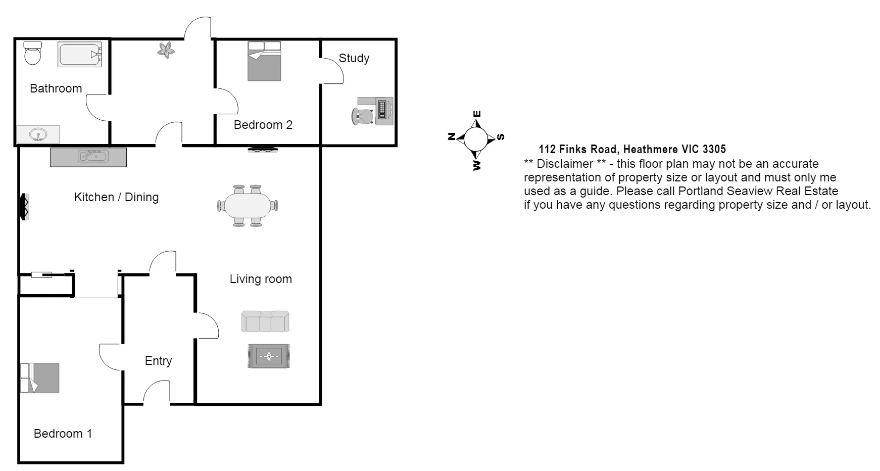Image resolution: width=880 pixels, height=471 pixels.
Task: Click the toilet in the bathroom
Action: tap(33, 53)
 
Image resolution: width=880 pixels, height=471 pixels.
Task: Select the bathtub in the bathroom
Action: tap(80, 55)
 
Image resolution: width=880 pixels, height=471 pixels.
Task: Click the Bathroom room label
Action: tap(56, 88)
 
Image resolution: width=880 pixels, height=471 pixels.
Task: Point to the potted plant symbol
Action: tap(166, 50)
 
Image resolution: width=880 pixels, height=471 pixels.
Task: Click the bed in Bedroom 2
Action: tap(264, 61)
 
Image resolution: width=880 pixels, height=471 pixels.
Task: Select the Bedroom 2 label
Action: tap(263, 125)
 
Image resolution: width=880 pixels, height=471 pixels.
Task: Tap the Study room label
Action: tap(354, 58)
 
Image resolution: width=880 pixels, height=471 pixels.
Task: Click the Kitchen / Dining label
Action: tap(116, 197)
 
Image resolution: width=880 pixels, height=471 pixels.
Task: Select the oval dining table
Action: tap(248, 206)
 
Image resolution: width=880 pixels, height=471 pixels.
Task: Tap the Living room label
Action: tap(261, 279)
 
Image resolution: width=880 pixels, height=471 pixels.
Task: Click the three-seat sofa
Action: tap(265, 321)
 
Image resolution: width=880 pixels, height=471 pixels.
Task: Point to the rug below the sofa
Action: tap(269, 356)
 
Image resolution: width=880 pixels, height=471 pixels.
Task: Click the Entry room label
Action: tap(158, 361)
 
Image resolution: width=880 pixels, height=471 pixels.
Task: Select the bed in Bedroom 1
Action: tap(40, 378)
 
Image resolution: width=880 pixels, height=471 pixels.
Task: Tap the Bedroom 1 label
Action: tap(63, 434)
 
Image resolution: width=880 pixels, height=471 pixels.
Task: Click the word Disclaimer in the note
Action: tap(565, 164)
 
